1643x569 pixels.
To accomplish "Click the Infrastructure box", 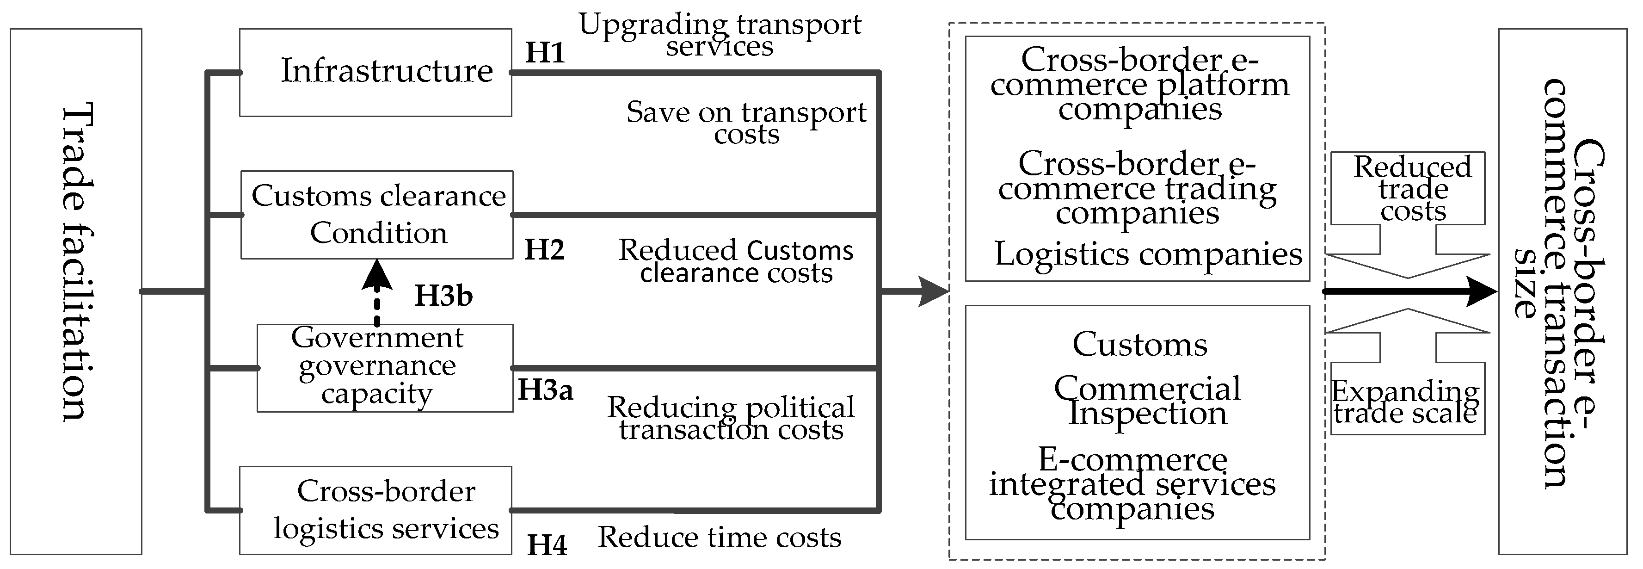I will pyautogui.click(x=375, y=72).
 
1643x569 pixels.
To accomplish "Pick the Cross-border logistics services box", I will pyautogui.click(x=375, y=510).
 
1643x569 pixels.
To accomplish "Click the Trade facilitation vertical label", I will pyautogui.click(x=77, y=261).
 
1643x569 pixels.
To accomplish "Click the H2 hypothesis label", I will pyautogui.click(x=545, y=250).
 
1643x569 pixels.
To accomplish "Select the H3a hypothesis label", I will pyautogui.click(x=545, y=390).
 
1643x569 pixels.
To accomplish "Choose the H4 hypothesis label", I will pyautogui.click(x=547, y=545).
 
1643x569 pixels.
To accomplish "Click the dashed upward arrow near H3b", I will pyautogui.click(x=377, y=293).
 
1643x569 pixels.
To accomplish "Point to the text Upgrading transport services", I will pyautogui.click(x=720, y=35).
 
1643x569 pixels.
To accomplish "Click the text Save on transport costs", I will pyautogui.click(x=746, y=123).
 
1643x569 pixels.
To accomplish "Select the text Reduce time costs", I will pyautogui.click(x=720, y=538).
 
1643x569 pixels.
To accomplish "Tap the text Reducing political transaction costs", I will pyautogui.click(x=731, y=419).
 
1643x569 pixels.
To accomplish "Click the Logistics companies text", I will pyautogui.click(x=1148, y=254).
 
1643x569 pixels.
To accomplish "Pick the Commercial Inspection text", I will pyautogui.click(x=1147, y=401).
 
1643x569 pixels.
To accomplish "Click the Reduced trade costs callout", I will pyautogui.click(x=1413, y=189).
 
